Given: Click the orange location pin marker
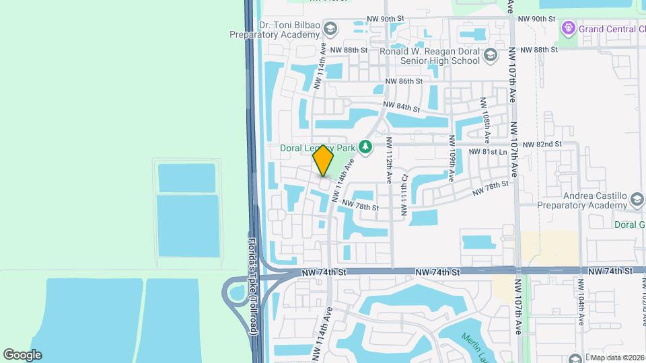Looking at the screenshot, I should click(x=324, y=161).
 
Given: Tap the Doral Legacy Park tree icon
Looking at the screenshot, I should click(x=365, y=146).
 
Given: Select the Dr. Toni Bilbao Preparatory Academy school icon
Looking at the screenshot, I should click(x=330, y=28).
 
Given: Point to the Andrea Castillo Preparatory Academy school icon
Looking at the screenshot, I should click(x=637, y=200).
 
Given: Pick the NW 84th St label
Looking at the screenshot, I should click(x=402, y=106).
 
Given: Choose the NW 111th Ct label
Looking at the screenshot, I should click(x=404, y=196).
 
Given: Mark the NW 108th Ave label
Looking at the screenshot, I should click(x=482, y=114).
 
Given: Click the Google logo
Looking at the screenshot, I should click(x=22, y=355).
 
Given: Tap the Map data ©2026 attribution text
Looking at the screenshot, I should click(x=616, y=357).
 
